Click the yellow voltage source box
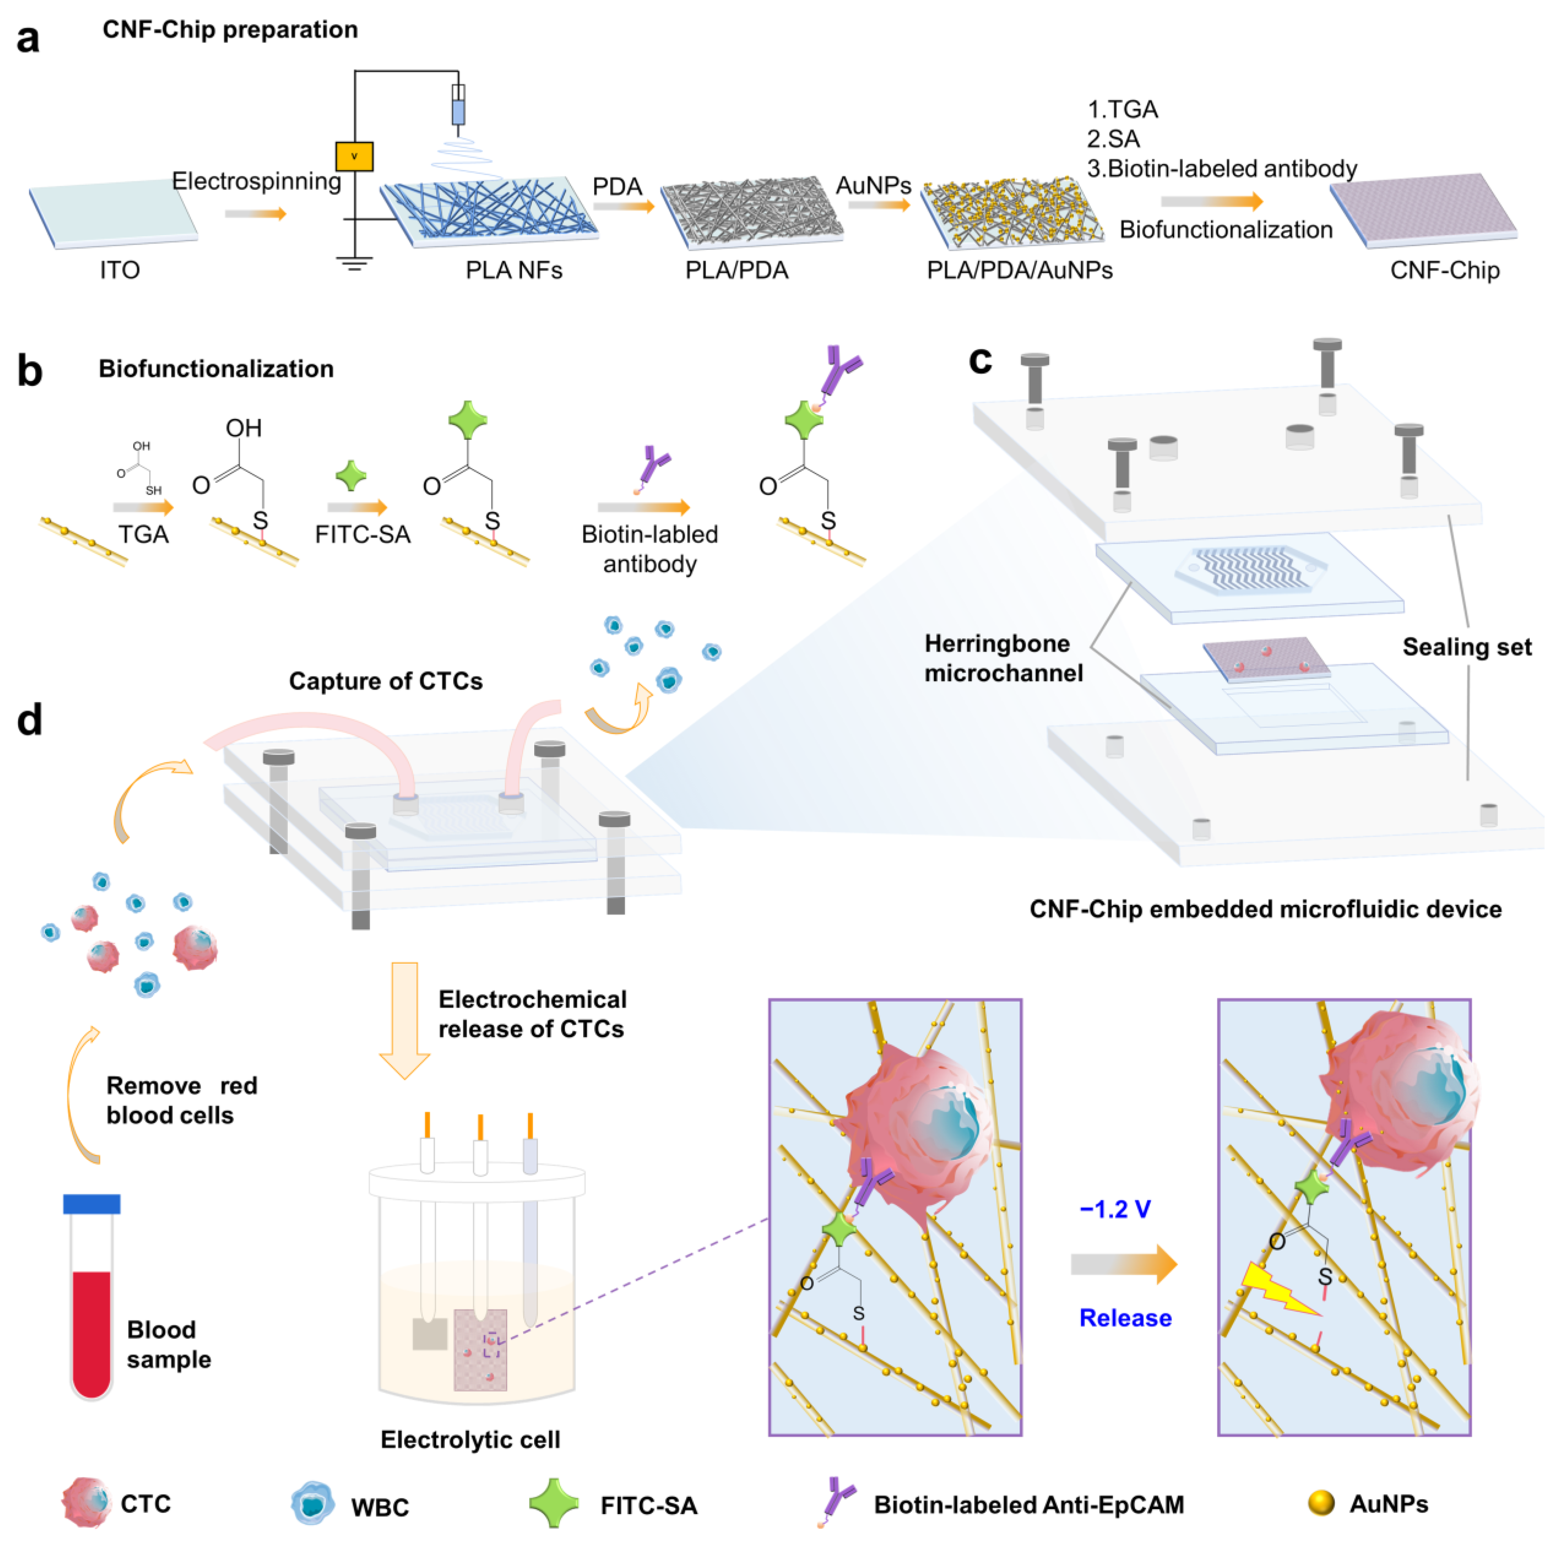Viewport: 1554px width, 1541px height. (x=354, y=156)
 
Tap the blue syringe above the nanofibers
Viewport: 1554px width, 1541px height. (x=458, y=106)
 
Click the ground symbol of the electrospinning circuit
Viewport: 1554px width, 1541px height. (x=354, y=263)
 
